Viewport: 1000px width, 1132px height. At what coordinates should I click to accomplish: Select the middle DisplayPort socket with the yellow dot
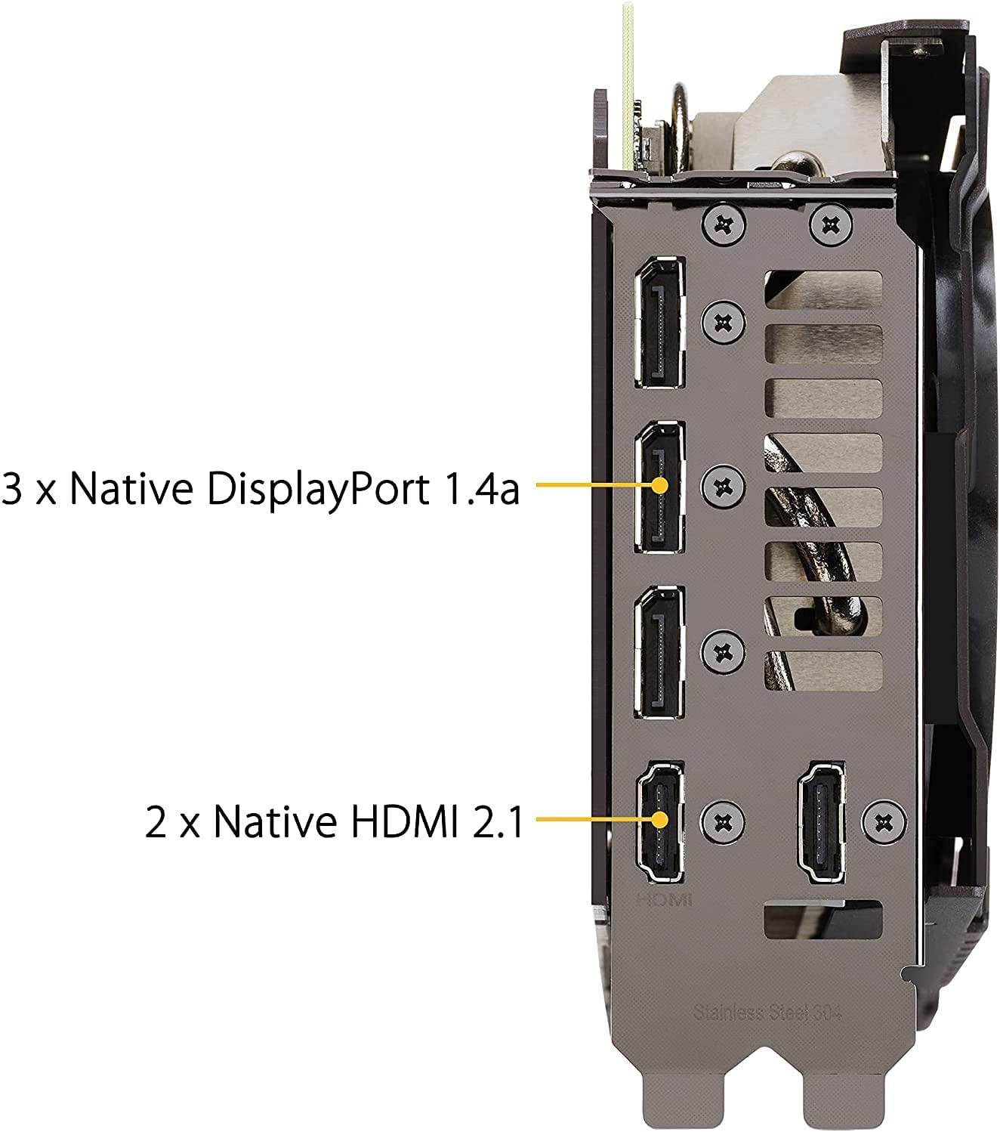tap(659, 487)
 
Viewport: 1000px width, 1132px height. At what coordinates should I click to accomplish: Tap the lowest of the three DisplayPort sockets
tap(659, 653)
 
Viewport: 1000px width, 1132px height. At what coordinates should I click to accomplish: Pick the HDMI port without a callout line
tap(821, 822)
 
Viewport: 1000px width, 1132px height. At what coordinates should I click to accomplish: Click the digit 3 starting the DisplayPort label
tap(12, 488)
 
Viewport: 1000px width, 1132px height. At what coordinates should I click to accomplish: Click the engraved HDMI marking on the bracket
tap(665, 900)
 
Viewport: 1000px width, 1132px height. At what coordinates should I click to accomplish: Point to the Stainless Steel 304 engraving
tap(767, 1012)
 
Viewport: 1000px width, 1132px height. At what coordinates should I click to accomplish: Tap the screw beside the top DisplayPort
tap(723, 322)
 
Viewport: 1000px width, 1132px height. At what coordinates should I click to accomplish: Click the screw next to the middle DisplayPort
tap(723, 485)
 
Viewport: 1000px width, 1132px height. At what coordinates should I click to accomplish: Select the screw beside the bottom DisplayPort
tap(723, 651)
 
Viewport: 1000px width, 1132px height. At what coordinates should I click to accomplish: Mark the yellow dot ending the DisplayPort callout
tap(660, 485)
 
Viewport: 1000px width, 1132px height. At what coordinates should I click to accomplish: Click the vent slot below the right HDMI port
tap(823, 919)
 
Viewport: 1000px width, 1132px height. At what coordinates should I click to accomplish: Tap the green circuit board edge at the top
tap(628, 84)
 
